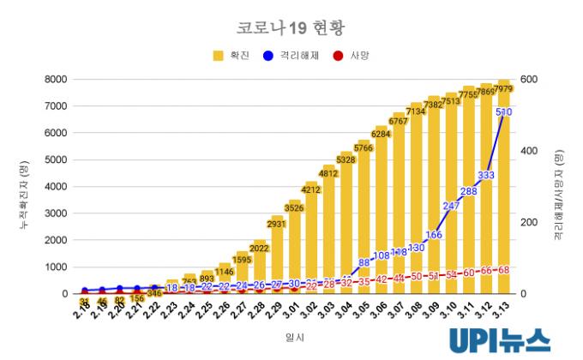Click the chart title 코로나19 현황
click(291, 27)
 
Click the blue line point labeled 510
click(504, 112)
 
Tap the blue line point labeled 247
click(452, 206)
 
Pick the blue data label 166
click(434, 234)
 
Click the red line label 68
click(504, 270)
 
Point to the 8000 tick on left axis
click(54, 80)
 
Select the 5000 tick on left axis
click(54, 160)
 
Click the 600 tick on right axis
click(529, 80)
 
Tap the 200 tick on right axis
click(529, 223)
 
